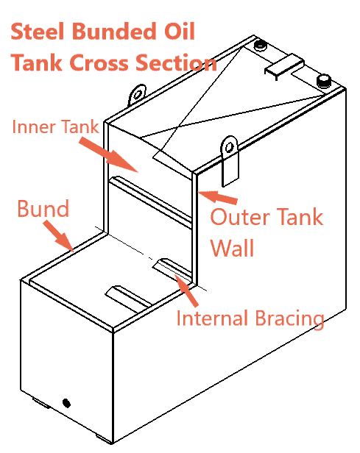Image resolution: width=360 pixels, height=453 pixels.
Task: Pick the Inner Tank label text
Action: (55, 127)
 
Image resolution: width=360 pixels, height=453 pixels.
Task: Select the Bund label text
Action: (43, 209)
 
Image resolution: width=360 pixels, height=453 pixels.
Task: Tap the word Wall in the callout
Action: (233, 248)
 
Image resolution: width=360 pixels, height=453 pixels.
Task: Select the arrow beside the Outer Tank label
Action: (220, 197)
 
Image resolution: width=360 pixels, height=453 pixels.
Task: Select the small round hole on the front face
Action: (66, 402)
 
